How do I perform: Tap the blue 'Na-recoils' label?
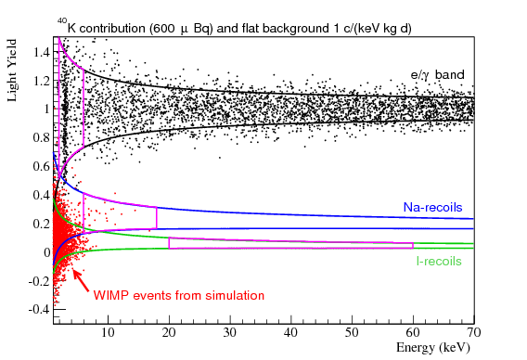pos(432,207)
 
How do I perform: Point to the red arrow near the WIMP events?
pos(82,278)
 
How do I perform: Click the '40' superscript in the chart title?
pos(62,19)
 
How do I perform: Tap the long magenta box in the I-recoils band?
pos(290,243)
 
